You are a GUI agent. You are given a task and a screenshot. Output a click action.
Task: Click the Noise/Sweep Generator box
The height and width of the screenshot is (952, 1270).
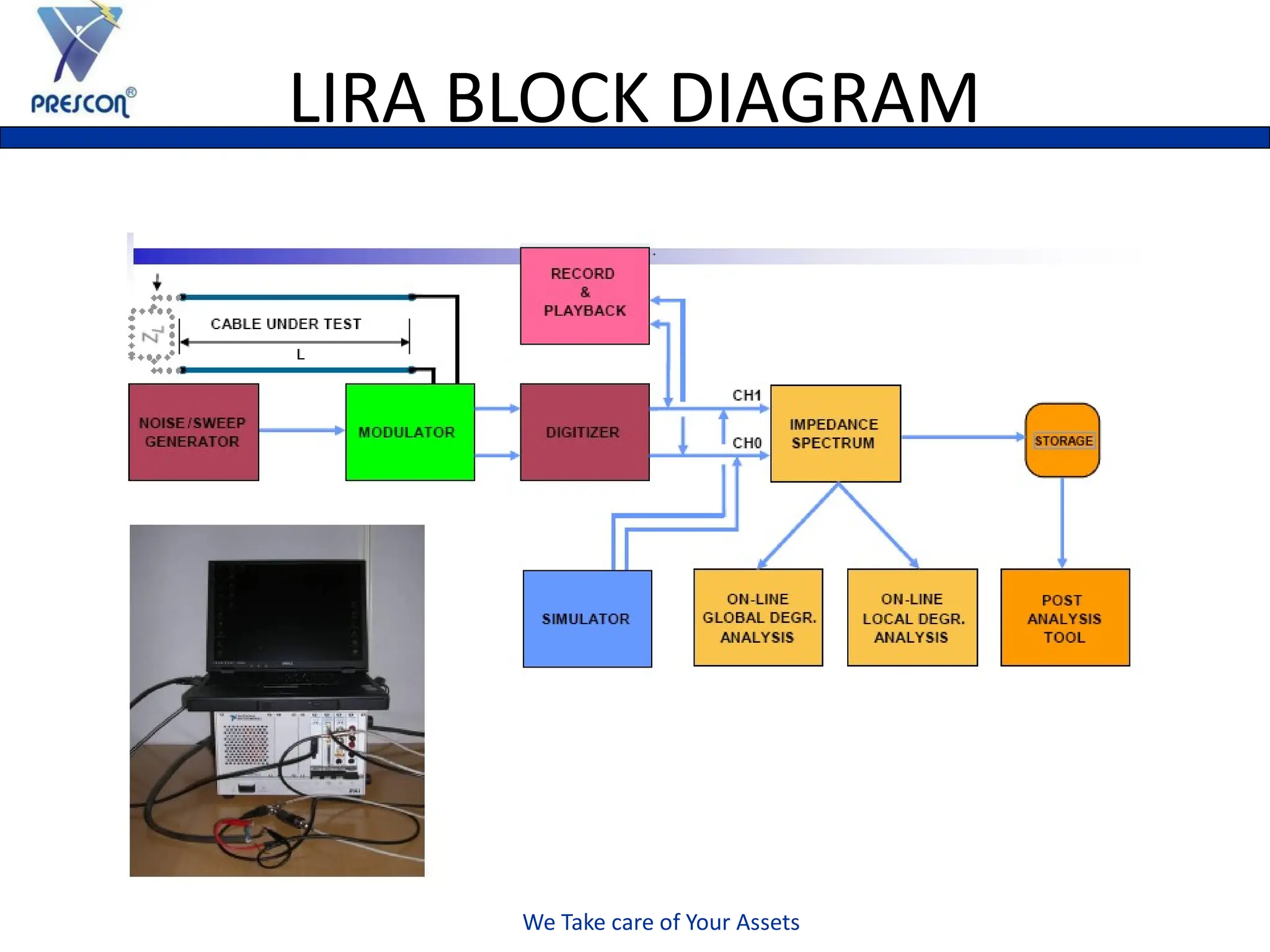point(193,432)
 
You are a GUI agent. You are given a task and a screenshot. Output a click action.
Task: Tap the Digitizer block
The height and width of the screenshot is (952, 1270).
point(584,432)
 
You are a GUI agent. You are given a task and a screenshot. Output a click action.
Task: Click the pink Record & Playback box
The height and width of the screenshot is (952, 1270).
point(584,296)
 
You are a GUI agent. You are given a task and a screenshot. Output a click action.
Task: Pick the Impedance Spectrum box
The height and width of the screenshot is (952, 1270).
point(835,433)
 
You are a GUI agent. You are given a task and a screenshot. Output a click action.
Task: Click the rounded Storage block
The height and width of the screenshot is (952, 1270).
point(1062,440)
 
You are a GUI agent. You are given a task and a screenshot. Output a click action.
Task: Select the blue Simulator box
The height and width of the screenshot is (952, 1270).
point(587,619)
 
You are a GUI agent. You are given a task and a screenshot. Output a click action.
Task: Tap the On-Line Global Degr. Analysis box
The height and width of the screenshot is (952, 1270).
point(758,617)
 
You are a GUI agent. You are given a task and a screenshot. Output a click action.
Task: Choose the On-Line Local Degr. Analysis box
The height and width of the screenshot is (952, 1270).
point(912,617)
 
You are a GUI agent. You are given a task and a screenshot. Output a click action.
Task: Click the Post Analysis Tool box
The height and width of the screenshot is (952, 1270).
point(1065,617)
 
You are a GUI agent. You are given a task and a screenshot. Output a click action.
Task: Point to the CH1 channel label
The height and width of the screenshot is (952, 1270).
point(746,395)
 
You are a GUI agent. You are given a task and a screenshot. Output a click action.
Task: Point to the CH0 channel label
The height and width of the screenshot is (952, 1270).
point(746,443)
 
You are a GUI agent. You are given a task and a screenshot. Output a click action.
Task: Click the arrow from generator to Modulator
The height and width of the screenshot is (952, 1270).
point(301,430)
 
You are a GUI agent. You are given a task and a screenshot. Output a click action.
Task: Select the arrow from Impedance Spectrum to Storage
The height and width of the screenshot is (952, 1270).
point(962,437)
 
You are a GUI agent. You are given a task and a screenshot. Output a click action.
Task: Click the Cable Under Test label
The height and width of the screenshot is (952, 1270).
point(286,324)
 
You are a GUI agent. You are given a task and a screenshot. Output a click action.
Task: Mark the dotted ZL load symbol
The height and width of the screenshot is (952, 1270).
point(152,335)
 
